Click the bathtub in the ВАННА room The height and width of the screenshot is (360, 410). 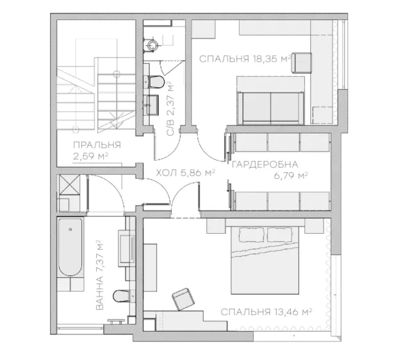[70, 247]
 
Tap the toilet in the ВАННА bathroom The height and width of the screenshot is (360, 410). [121, 296]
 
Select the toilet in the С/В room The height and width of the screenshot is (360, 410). [156, 81]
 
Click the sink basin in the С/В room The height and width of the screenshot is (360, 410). [152, 105]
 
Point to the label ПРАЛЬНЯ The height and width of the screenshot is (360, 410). [97, 145]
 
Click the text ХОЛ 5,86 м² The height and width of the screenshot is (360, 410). [185, 173]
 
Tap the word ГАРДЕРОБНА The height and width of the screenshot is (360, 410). [265, 165]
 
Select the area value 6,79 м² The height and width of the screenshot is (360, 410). [291, 176]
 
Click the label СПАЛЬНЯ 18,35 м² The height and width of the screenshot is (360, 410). [245, 59]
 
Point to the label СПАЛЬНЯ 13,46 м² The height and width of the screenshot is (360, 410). [266, 312]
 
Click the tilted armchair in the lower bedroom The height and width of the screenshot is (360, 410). [183, 299]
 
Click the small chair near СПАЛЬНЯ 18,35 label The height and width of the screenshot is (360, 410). [302, 63]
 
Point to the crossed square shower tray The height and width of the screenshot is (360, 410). [70, 184]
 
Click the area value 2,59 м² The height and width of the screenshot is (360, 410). [91, 156]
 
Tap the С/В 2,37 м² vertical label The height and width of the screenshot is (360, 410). [170, 108]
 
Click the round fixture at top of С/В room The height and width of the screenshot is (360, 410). [152, 45]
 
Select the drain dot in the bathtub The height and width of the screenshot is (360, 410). [70, 229]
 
